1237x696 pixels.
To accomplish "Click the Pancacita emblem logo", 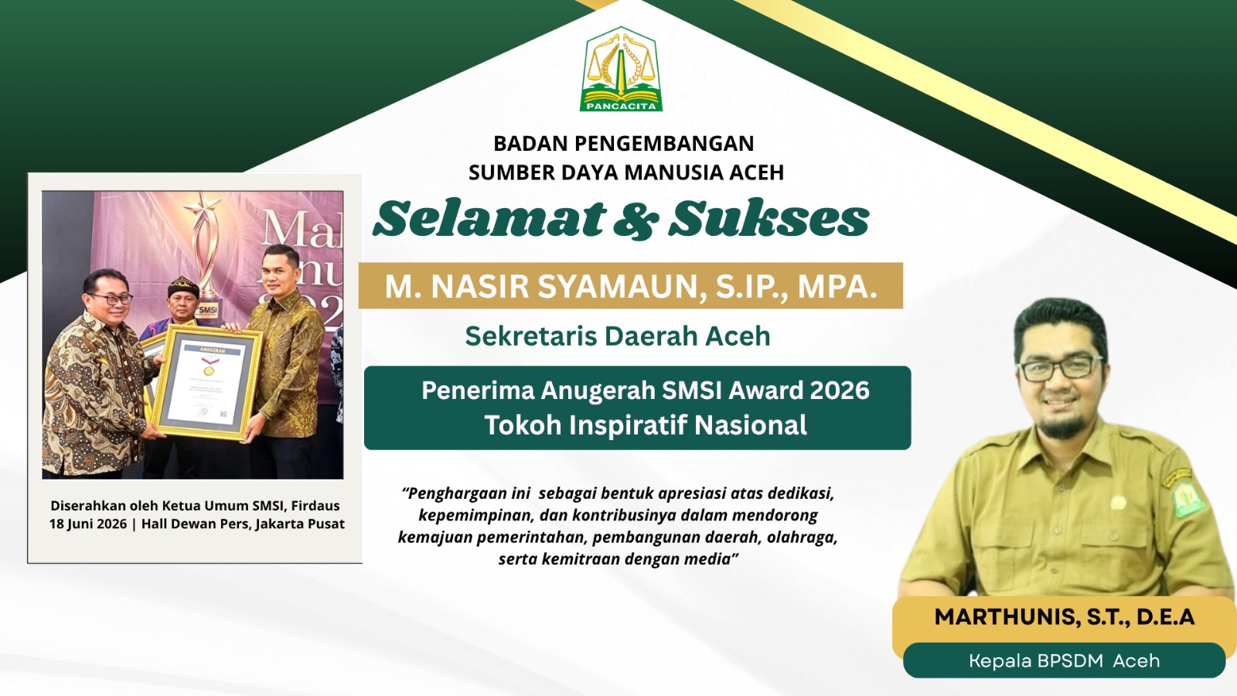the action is point(622,69).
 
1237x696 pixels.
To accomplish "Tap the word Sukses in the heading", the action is point(768,217).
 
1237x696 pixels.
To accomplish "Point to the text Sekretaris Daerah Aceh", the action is point(618,336).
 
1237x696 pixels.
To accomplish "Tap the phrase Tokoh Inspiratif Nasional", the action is point(646,425).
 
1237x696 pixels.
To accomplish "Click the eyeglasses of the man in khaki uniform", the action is point(1060,369).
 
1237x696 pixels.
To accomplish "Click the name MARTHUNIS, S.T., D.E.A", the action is point(1064,617).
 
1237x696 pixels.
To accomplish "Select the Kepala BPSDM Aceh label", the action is point(1064,660).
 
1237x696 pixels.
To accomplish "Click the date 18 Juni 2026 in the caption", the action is point(88,524).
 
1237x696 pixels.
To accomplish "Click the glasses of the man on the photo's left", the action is point(112,299).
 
